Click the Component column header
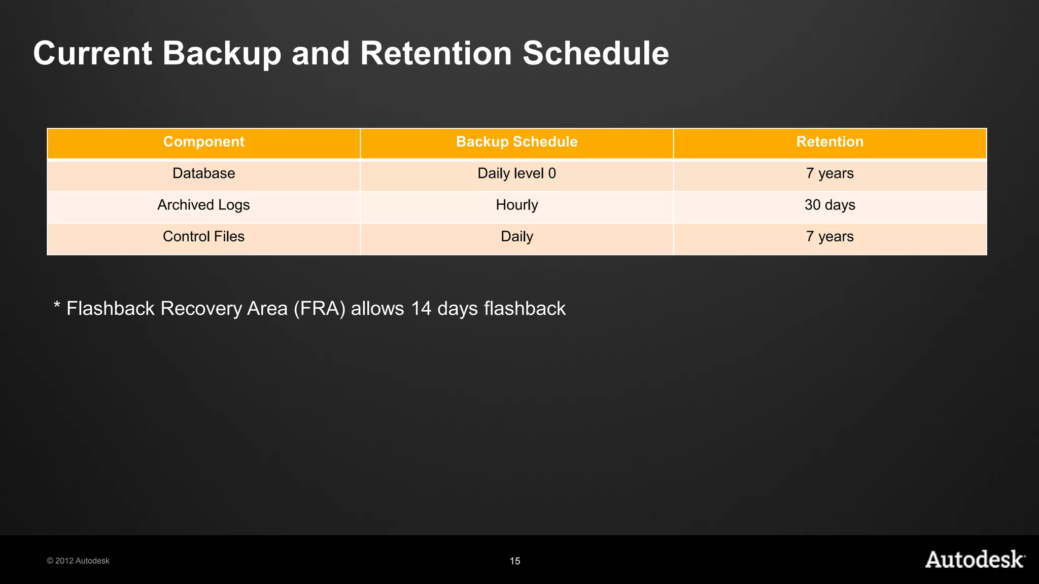(203, 142)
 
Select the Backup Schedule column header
(516, 142)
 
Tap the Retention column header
(829, 142)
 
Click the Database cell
(203, 173)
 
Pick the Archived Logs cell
(203, 205)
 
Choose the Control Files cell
(203, 237)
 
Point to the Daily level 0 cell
(516, 173)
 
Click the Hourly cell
(516, 205)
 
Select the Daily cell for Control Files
(516, 237)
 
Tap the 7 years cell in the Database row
(829, 173)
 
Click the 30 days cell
(829, 205)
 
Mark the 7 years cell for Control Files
(829, 237)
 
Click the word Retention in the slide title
(436, 53)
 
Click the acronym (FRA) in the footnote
(319, 309)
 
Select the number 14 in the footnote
(421, 309)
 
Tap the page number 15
(515, 561)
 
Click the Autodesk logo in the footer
(975, 559)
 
